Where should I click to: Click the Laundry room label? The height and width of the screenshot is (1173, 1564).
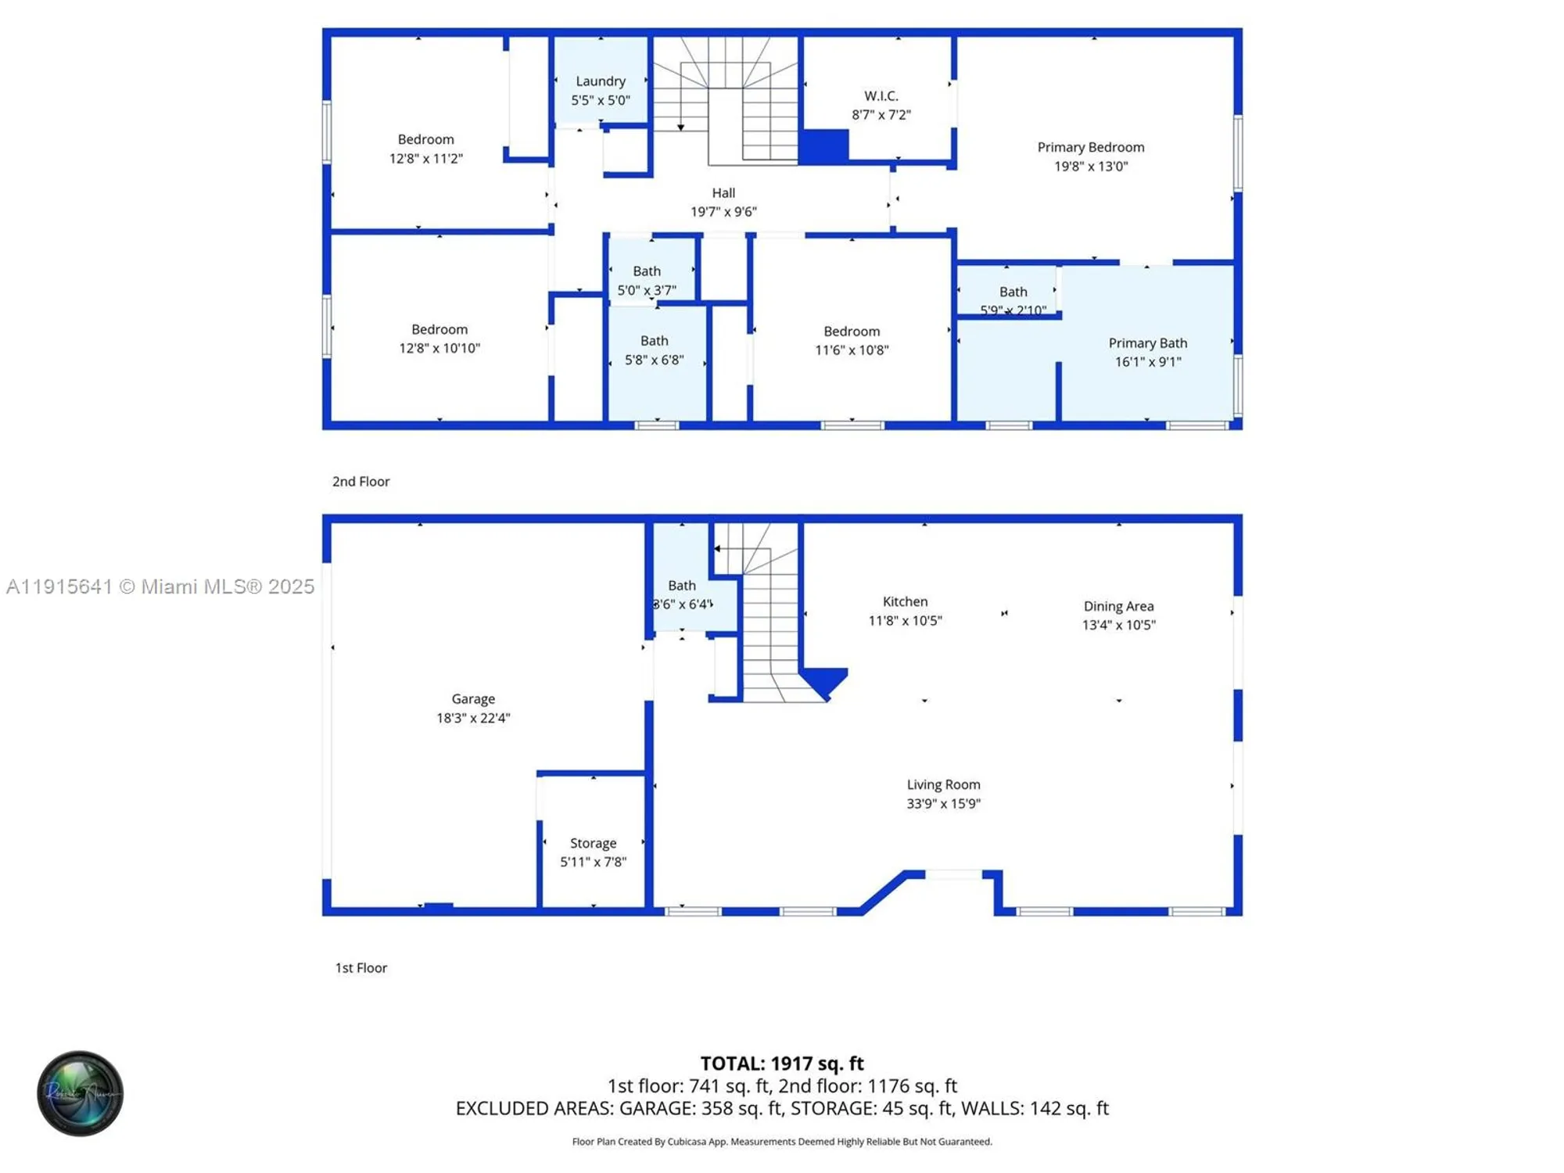click(600, 81)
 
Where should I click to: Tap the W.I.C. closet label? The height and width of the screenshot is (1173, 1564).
click(881, 96)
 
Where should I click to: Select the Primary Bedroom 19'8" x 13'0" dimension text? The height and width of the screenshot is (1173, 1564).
click(1090, 167)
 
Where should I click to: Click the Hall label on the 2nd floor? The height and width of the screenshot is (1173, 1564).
click(723, 193)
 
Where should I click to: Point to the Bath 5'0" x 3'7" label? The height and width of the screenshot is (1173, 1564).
click(646, 280)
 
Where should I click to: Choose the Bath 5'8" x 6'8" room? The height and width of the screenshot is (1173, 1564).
click(654, 350)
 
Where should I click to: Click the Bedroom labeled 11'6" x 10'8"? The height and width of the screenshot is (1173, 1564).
click(852, 340)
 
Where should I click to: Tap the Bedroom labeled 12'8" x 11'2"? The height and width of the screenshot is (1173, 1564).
click(425, 149)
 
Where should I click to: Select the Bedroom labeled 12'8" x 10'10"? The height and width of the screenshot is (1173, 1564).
click(439, 339)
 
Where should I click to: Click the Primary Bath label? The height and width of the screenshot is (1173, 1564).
click(1147, 343)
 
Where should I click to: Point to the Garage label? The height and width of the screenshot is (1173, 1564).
click(472, 699)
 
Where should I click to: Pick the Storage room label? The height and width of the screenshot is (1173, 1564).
click(593, 843)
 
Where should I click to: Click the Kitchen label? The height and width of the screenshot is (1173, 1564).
click(905, 601)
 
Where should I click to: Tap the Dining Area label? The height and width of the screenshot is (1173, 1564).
click(1118, 606)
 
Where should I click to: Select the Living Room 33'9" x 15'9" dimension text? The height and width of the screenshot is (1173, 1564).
click(943, 804)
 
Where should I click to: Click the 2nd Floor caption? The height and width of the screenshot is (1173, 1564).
click(361, 482)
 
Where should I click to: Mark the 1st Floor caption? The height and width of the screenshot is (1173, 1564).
click(361, 968)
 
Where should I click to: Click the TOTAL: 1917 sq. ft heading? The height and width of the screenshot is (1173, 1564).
click(781, 1064)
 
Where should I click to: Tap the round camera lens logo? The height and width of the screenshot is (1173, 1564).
click(80, 1093)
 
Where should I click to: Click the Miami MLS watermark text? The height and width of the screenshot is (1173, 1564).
click(160, 586)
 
